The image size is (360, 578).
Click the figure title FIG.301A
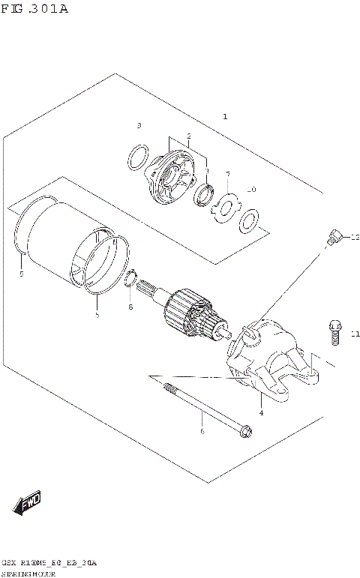click(x=34, y=10)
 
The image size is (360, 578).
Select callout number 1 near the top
click(x=225, y=117)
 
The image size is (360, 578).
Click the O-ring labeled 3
click(x=137, y=158)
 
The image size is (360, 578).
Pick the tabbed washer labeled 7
click(x=224, y=208)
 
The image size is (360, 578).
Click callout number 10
click(x=251, y=190)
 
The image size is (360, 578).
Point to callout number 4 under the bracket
click(x=261, y=413)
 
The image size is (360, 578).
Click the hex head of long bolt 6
click(x=245, y=432)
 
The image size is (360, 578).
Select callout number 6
click(x=201, y=431)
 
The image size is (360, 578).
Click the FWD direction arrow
click(x=28, y=505)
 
